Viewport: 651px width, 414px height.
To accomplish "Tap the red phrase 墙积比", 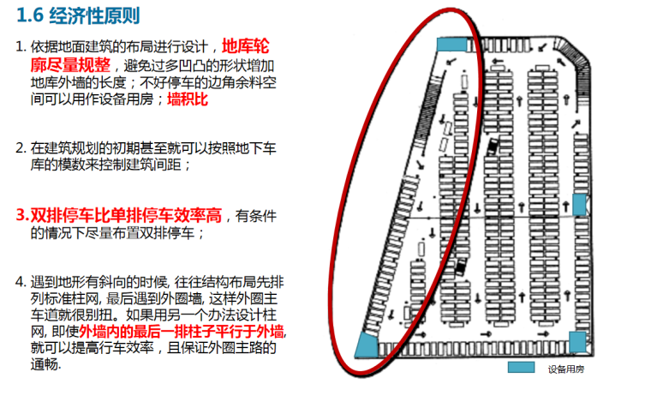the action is (x=188, y=99).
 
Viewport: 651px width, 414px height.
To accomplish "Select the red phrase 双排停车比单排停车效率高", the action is (x=128, y=214).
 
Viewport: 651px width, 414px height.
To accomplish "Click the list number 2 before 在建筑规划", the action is (x=20, y=147).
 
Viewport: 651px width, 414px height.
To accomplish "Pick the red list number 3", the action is (x=20, y=214).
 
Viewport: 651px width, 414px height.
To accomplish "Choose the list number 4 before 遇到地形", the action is (x=20, y=282).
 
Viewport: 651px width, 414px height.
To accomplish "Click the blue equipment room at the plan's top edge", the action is (x=451, y=44).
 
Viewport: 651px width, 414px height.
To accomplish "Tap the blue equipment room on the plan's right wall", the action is (x=579, y=204).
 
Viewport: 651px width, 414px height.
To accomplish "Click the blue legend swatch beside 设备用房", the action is (x=521, y=368).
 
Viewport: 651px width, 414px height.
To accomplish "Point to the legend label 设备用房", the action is (x=565, y=369).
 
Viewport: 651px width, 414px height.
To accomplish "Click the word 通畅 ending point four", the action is (x=46, y=365).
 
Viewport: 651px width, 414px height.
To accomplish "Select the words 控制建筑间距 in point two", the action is (x=137, y=164).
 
